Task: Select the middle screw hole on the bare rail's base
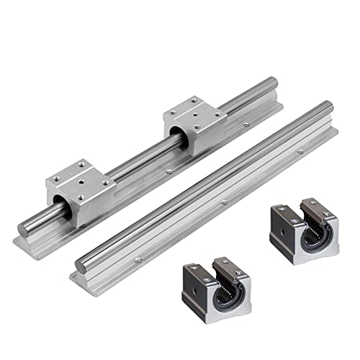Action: coord(224,201)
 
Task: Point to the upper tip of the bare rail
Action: coord(328,108)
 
